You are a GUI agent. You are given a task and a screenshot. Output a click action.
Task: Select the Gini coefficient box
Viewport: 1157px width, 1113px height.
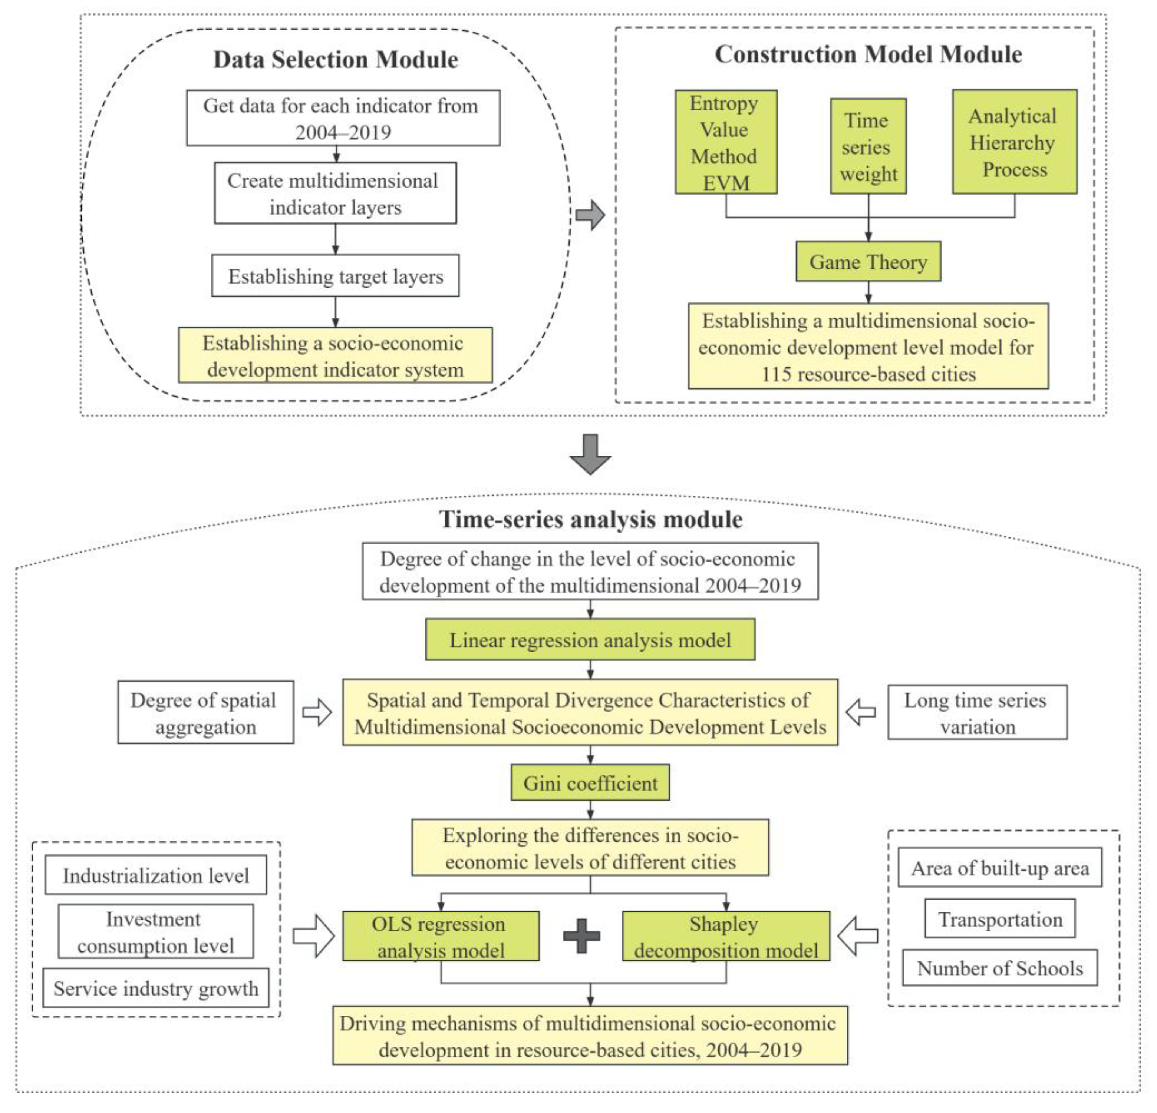pos(590,783)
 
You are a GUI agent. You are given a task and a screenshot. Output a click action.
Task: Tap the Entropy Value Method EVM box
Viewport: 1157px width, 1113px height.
pos(725,142)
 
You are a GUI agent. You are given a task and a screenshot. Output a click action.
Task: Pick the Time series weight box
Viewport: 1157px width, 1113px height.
pos(868,147)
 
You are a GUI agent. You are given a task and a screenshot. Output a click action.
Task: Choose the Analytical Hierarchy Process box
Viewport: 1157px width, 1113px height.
pos(1013,142)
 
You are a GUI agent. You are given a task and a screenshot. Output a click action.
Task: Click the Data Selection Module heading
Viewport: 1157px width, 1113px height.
pos(335,60)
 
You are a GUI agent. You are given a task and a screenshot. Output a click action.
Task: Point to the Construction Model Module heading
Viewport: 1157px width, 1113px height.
pos(868,54)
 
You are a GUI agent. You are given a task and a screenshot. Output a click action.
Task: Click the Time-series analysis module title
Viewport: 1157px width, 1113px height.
pos(590,519)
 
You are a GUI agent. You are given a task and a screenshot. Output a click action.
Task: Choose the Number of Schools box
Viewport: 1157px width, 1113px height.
pos(999,968)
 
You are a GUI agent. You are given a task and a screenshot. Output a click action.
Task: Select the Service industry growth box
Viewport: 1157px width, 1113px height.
pos(156,988)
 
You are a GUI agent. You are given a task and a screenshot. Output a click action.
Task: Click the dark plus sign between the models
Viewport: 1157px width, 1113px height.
pos(581,937)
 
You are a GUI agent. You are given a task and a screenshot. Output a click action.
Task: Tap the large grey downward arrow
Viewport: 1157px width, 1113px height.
pos(590,454)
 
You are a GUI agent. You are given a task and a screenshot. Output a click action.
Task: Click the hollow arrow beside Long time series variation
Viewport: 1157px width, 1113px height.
pos(861,712)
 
